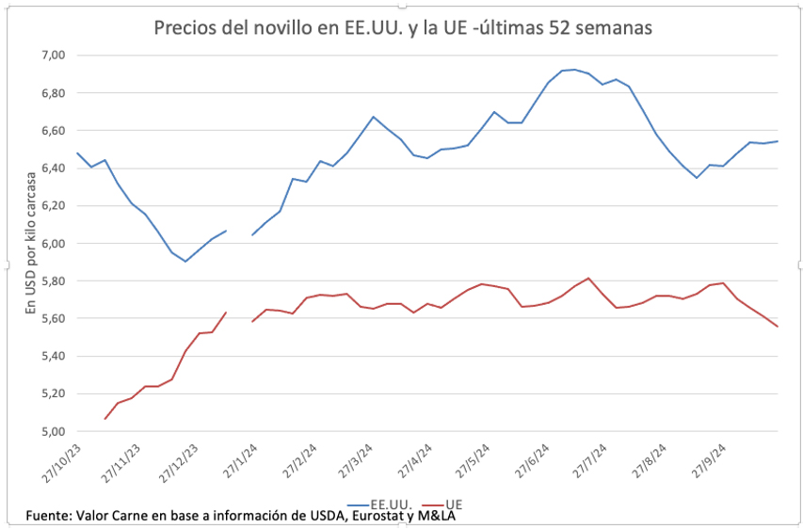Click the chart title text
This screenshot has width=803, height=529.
(403, 28)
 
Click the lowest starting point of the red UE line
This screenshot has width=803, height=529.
(104, 419)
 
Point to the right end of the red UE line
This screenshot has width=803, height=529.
(777, 327)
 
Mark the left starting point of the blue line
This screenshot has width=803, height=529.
(77, 152)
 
